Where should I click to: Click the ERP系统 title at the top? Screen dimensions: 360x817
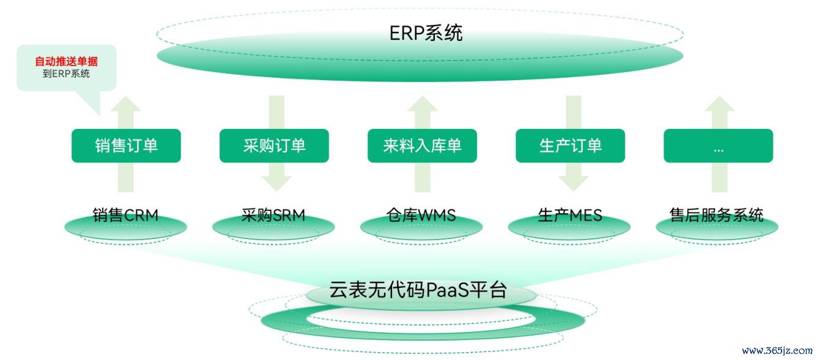pyautogui.click(x=426, y=33)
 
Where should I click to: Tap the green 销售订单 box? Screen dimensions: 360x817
pyautogui.click(x=126, y=145)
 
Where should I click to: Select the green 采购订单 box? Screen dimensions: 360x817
pyautogui.click(x=274, y=145)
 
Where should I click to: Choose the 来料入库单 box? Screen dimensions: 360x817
pyautogui.click(x=422, y=145)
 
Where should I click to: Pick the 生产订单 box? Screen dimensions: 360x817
pyautogui.click(x=570, y=145)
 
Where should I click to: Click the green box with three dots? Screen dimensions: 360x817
pyautogui.click(x=718, y=145)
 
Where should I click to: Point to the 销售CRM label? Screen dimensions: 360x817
pyautogui.click(x=125, y=215)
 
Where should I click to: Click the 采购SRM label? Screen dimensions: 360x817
pyautogui.click(x=273, y=215)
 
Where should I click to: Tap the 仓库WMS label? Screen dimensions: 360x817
pyautogui.click(x=421, y=215)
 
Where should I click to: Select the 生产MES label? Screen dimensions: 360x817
pyautogui.click(x=570, y=215)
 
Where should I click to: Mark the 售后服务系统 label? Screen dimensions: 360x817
pyautogui.click(x=717, y=215)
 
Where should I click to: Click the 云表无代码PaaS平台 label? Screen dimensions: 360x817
pyautogui.click(x=418, y=290)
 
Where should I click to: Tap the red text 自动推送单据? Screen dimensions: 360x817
pyautogui.click(x=66, y=61)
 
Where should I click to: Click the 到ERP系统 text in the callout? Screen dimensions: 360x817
pyautogui.click(x=66, y=74)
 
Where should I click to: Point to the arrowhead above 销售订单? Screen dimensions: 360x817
pyautogui.click(x=126, y=104)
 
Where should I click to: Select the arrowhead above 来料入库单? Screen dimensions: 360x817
pyautogui.click(x=422, y=104)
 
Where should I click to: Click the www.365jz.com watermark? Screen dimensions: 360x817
pyautogui.click(x=777, y=351)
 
